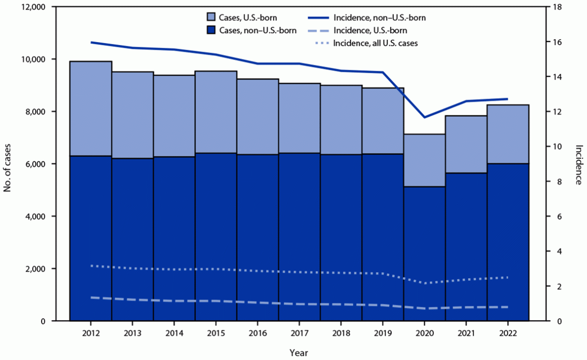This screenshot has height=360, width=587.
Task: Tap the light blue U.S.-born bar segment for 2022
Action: pos(508,134)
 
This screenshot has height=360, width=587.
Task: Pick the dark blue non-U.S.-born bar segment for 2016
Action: pos(258,238)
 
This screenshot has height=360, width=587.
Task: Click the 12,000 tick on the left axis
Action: pos(32,7)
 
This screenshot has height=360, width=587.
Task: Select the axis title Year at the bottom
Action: pos(299,352)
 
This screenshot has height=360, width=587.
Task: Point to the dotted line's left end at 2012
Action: pos(91,266)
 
